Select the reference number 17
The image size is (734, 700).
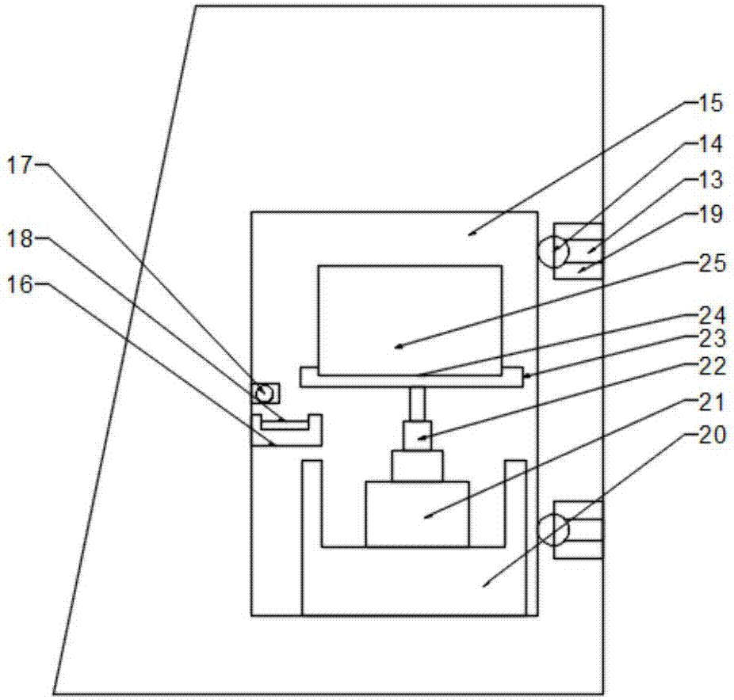tap(21, 165)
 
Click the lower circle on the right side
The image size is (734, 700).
tap(553, 530)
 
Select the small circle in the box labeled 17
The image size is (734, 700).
tap(263, 392)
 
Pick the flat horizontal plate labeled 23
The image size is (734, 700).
tap(411, 377)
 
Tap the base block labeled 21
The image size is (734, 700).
tap(417, 513)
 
